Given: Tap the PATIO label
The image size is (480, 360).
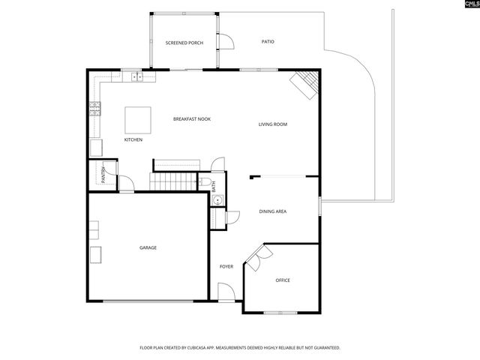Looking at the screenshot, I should click(x=268, y=41).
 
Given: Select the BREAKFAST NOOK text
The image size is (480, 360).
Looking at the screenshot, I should click(x=191, y=119).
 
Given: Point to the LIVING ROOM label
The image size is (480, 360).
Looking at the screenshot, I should click(x=273, y=124).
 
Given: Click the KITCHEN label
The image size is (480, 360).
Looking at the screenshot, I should click(x=133, y=139).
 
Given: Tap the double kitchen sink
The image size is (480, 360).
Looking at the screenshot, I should click(x=137, y=75).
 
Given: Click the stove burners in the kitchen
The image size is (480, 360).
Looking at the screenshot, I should click(x=95, y=110).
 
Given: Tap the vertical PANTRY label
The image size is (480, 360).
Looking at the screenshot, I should click(x=102, y=175).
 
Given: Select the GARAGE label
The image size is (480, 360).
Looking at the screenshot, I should click(x=148, y=247).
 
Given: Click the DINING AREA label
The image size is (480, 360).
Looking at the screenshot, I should click(x=273, y=211).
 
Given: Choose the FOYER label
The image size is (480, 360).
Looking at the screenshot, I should click(x=226, y=267).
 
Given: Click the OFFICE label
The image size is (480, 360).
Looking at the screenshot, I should click(x=283, y=280).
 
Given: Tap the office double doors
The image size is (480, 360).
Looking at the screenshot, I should click(x=258, y=258).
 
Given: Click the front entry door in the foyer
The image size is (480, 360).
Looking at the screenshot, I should click(x=226, y=292).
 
